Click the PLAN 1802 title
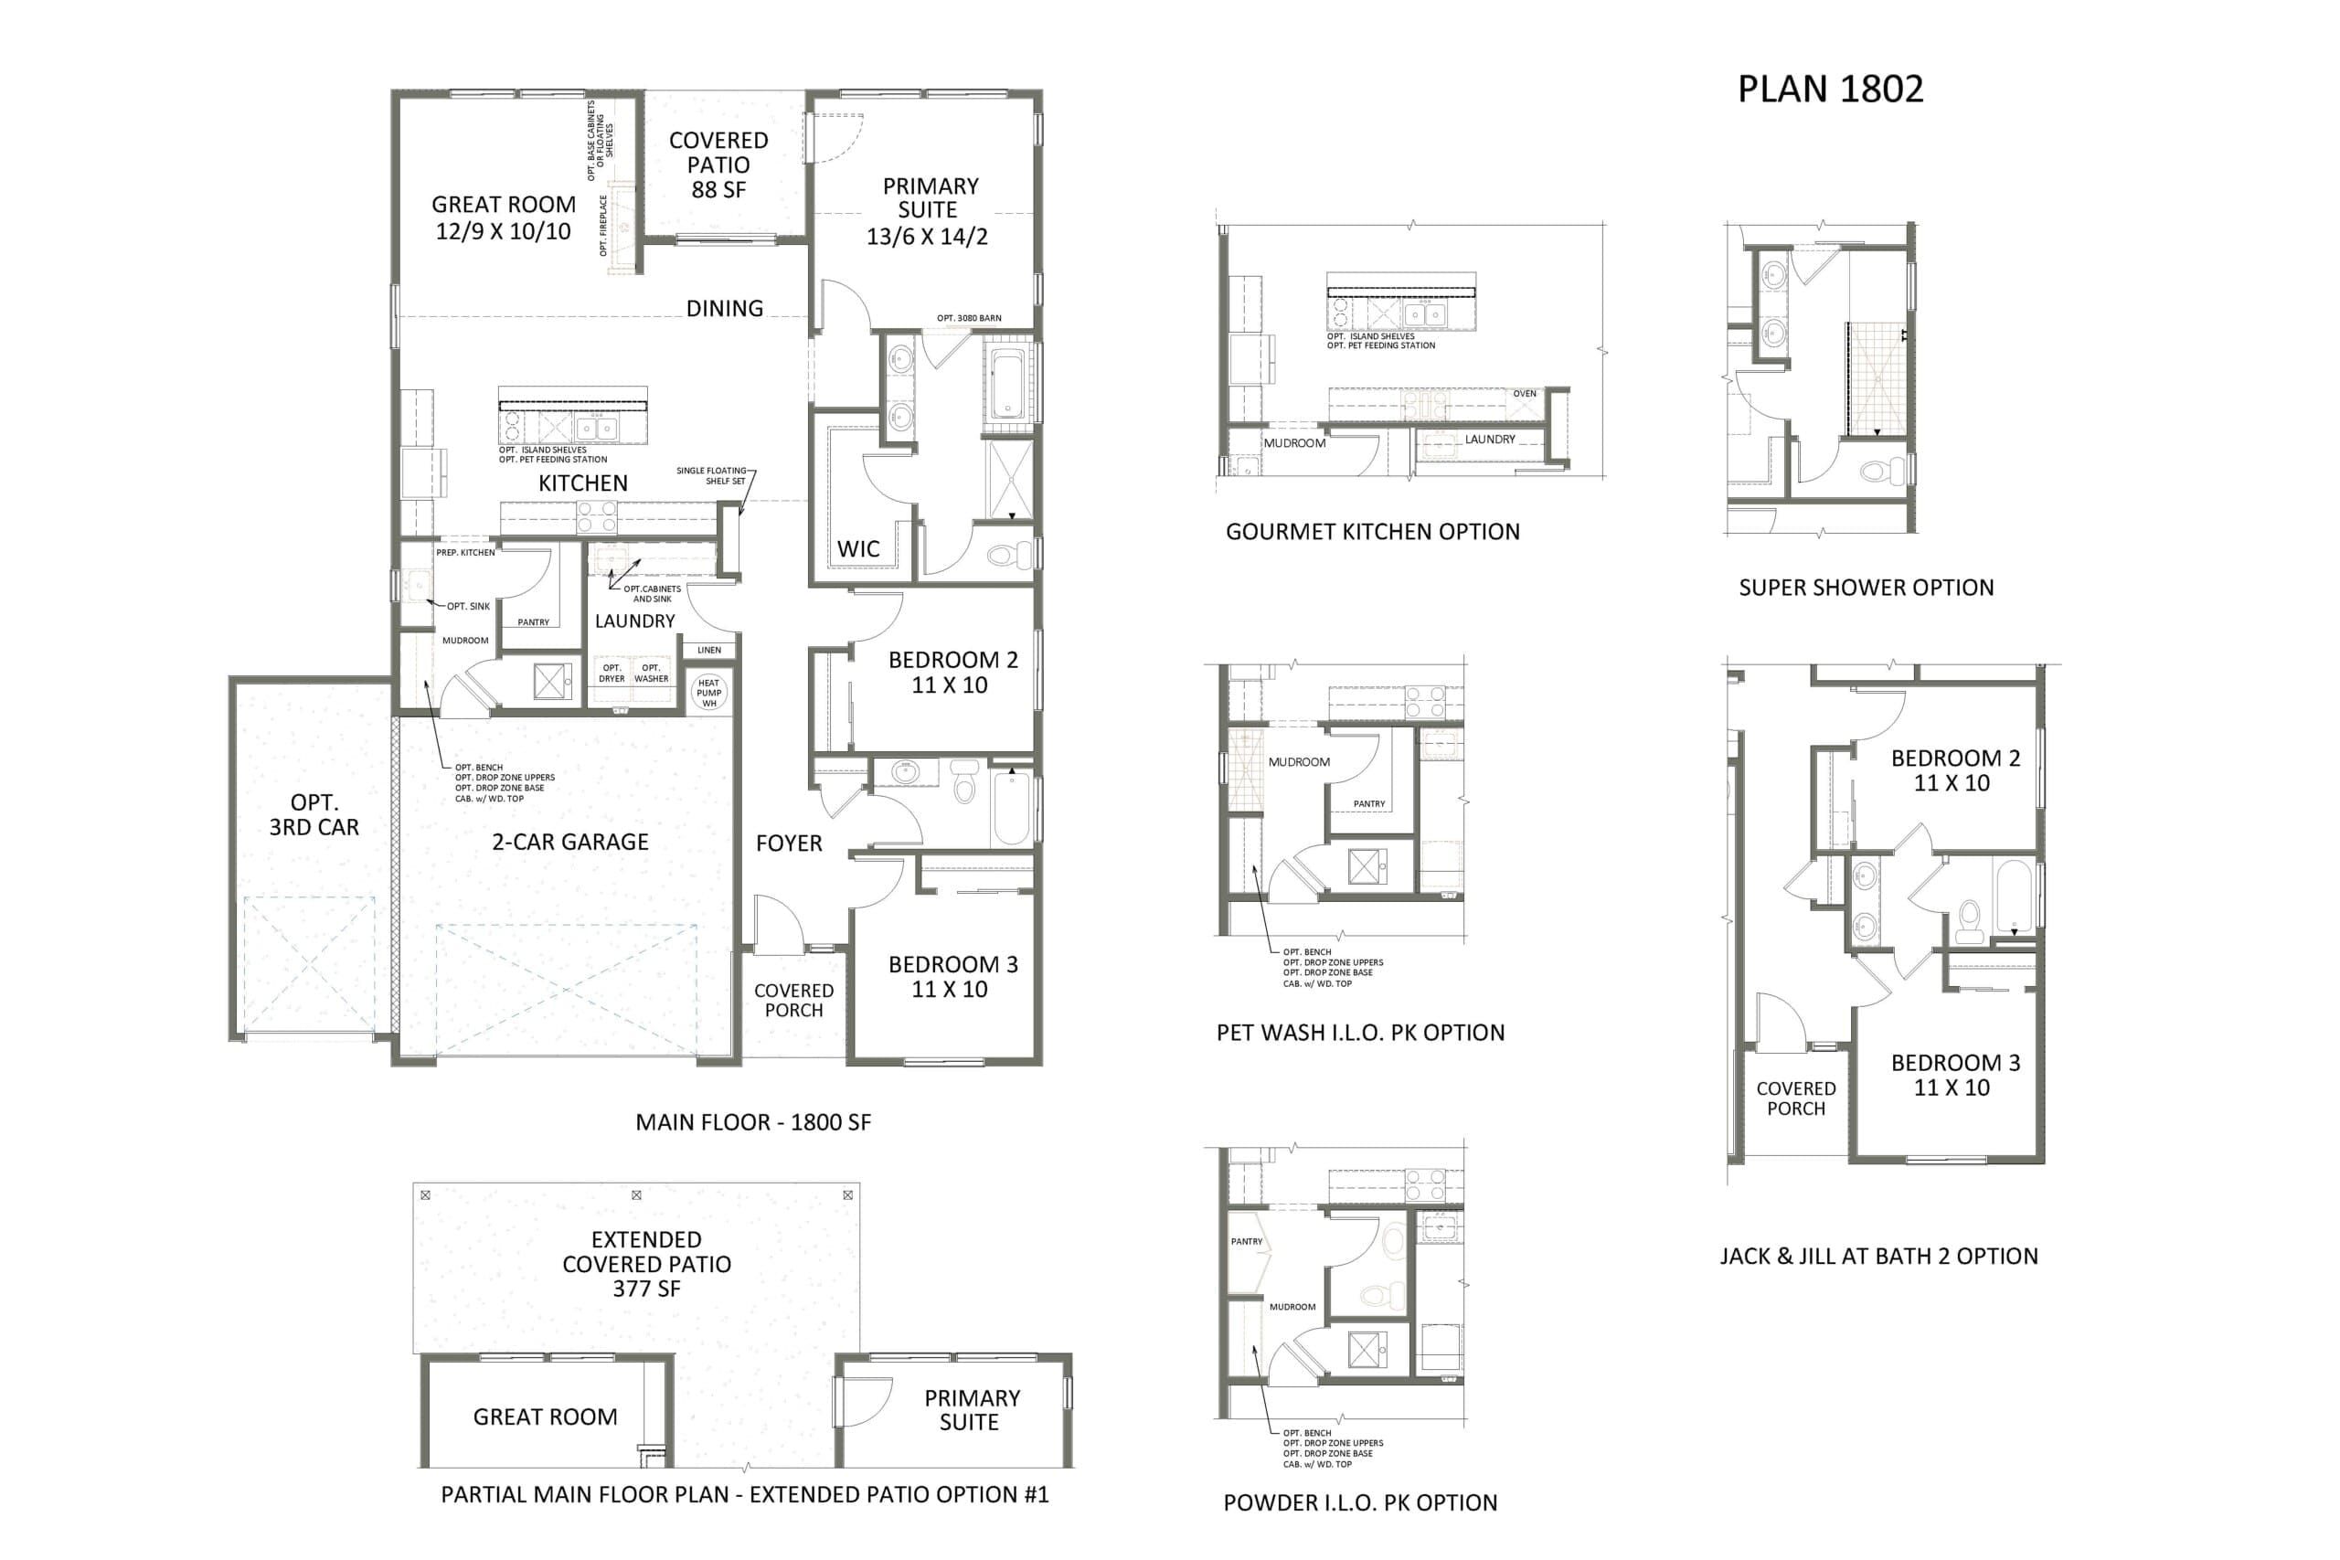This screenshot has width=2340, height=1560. tap(1830, 89)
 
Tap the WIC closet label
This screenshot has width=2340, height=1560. tap(857, 548)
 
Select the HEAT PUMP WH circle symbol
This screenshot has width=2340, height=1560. tap(708, 694)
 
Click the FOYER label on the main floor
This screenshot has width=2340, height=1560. tap(789, 843)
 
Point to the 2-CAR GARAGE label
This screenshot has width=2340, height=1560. tap(570, 842)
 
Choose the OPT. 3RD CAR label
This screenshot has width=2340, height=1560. tap(314, 815)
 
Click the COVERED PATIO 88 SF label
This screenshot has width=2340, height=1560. tap(718, 164)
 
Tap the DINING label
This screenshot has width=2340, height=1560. tap(725, 308)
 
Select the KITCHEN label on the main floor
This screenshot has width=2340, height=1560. tap(583, 483)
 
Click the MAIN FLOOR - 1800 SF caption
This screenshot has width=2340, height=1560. tap(753, 1122)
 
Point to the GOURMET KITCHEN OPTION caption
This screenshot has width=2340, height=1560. tap(1373, 531)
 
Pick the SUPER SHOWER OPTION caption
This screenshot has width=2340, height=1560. tap(1867, 587)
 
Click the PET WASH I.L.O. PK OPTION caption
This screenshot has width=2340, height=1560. tap(1360, 1033)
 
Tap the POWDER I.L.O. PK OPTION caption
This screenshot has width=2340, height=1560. tap(1360, 1502)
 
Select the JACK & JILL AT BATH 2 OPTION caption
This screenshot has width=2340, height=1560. tap(1879, 1256)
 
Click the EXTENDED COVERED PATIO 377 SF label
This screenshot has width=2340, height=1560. tap(646, 1264)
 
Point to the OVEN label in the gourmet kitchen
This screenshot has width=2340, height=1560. tap(1524, 394)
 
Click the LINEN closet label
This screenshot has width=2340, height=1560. tap(709, 651)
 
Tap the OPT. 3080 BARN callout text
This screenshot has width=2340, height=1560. tap(969, 318)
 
